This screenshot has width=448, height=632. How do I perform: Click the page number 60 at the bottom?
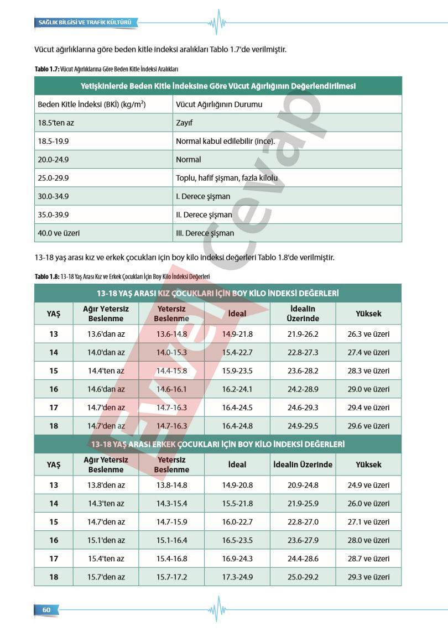pos(46,609)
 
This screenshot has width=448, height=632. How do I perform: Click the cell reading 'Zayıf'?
pos(184,123)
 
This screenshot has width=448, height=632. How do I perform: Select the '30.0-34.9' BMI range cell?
pos(53,196)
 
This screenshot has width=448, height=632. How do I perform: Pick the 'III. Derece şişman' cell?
pos(205,233)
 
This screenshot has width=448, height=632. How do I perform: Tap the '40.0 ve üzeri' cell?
pos(59,233)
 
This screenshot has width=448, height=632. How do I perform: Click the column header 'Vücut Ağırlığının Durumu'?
pos(219,105)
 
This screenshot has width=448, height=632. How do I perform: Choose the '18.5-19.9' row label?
pos(53,141)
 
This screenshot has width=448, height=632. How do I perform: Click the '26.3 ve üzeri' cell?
pos(368,334)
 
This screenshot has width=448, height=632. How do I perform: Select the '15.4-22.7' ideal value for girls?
pos(237,352)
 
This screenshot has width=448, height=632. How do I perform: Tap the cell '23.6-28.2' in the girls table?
pos(303,371)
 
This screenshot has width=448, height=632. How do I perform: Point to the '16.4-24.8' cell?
pos(237,426)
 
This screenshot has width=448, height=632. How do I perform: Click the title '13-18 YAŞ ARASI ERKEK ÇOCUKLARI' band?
pos(218,444)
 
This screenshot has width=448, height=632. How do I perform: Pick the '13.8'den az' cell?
pos(106,485)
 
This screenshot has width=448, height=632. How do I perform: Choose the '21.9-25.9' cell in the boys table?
pos(303,503)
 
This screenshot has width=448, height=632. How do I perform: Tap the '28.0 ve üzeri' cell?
pos(368,540)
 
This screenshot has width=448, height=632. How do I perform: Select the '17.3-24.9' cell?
pos(237,577)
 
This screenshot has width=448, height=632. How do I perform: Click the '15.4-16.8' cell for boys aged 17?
pos(171,558)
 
